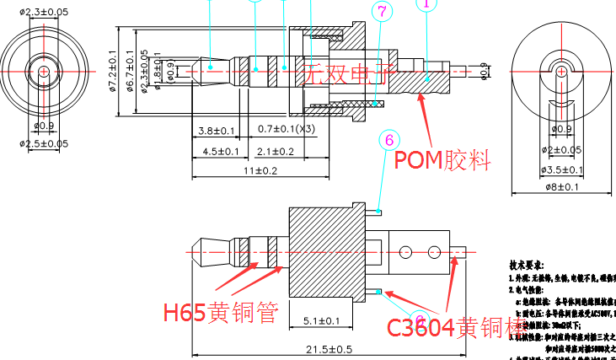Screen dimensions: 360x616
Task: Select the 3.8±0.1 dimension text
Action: pyautogui.click(x=217, y=131)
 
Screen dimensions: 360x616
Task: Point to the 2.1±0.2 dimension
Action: pyautogui.click(x=276, y=151)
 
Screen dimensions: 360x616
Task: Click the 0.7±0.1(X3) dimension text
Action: pyautogui.click(x=287, y=129)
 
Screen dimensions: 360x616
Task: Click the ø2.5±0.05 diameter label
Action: pyautogui.click(x=44, y=143)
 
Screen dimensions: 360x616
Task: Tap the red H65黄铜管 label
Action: pyautogui.click(x=220, y=314)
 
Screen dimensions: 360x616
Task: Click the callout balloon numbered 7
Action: pyautogui.click(x=383, y=12)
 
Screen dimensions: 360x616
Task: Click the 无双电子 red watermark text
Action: pyautogui.click(x=348, y=73)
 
